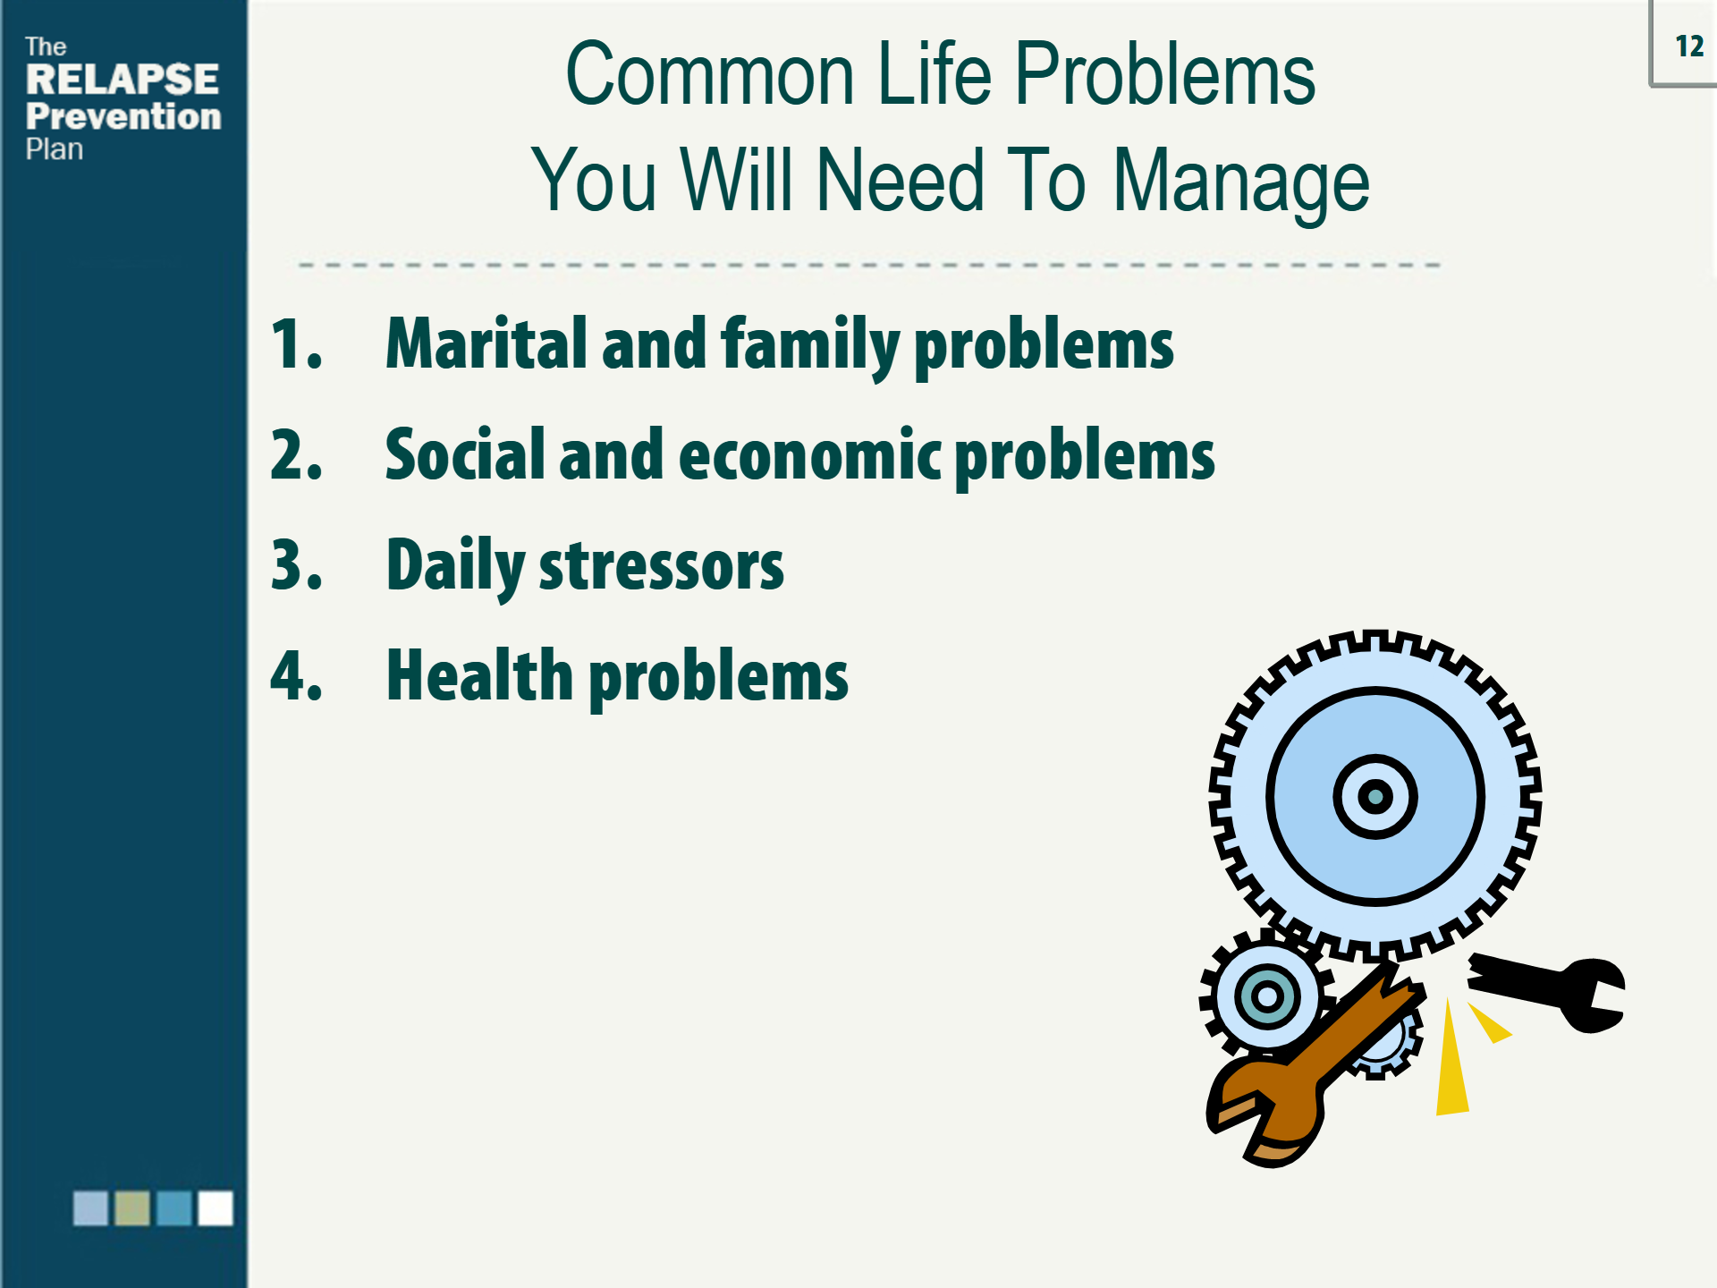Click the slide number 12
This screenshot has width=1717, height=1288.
1689,46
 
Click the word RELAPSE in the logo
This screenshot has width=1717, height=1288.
123,80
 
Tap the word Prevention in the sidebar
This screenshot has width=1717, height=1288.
123,116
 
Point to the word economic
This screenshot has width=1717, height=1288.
810,455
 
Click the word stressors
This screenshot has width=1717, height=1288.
661,566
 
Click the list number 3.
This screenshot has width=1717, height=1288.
296,565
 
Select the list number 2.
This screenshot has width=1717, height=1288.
296,455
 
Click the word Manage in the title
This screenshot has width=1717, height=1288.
1240,183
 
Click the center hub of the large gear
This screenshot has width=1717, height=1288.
1374,796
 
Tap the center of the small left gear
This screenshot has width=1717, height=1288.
1267,996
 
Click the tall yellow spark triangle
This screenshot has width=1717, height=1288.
1451,1060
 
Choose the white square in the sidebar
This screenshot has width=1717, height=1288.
216,1208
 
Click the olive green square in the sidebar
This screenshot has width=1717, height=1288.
132,1208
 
